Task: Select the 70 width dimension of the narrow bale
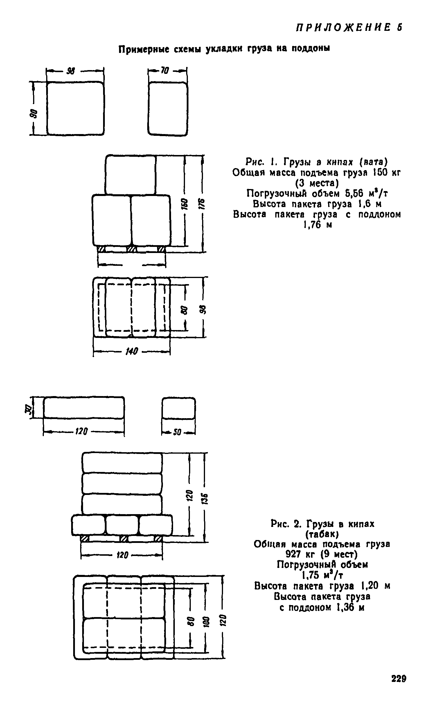click(x=165, y=71)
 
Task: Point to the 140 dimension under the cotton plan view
click(x=132, y=351)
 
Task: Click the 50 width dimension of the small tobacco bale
click(x=177, y=432)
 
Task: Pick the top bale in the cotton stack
click(x=130, y=175)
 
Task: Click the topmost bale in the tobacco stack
click(x=122, y=463)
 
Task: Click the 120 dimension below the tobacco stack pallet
click(x=123, y=555)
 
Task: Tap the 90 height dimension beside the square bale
click(x=35, y=113)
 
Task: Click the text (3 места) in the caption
click(x=317, y=183)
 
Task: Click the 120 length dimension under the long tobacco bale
click(x=81, y=431)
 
